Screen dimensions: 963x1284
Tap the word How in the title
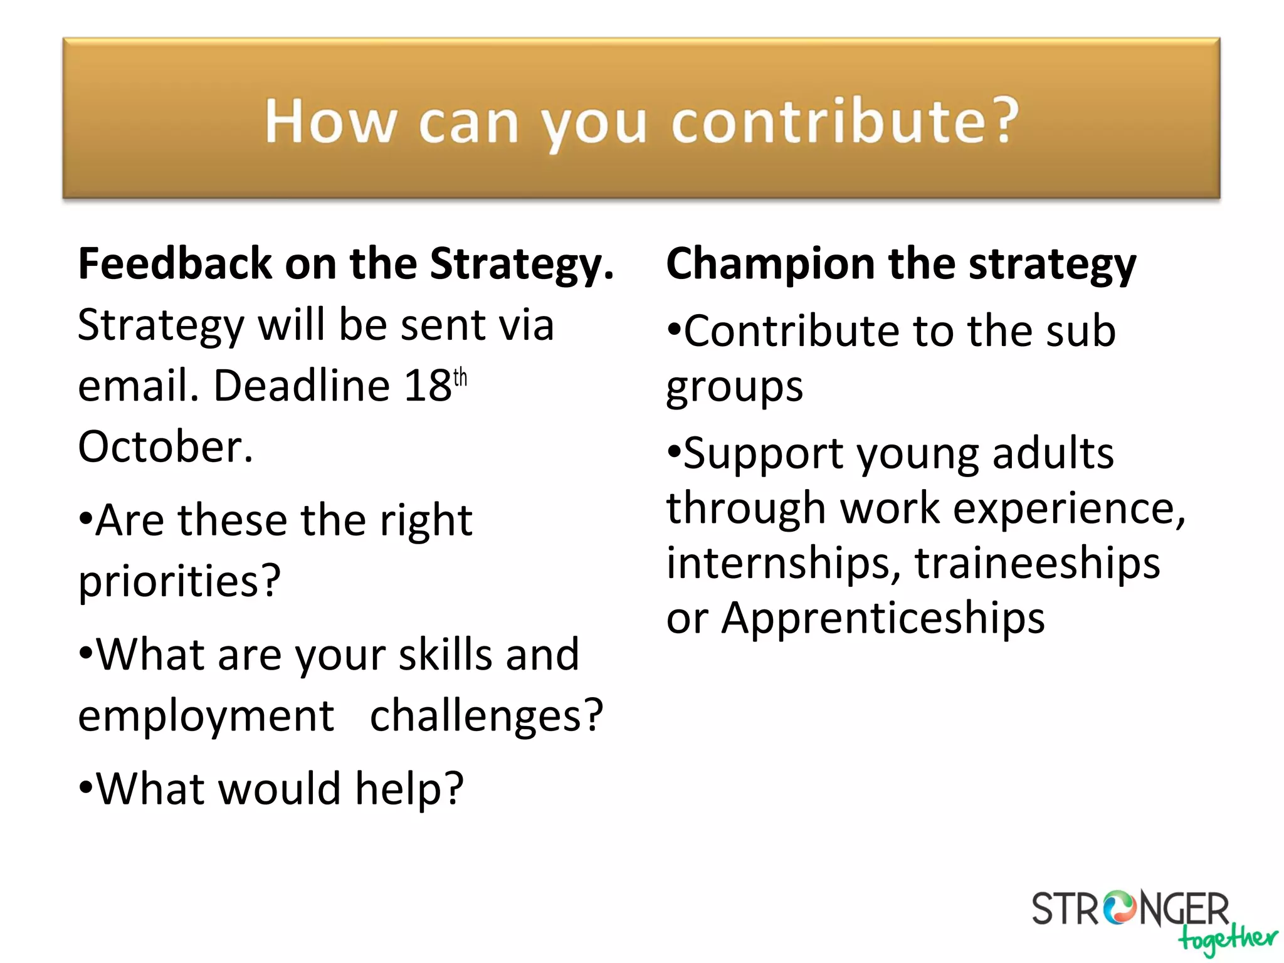(331, 121)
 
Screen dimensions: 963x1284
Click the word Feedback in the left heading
(175, 263)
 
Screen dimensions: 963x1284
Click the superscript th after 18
(460, 377)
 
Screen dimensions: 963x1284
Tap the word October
(166, 446)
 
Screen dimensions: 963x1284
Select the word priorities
(179, 581)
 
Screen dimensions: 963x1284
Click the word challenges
(486, 715)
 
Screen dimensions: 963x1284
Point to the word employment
(206, 715)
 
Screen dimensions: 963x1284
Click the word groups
(734, 387)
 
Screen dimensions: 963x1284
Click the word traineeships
(1037, 562)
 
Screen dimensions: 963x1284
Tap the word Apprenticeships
(883, 618)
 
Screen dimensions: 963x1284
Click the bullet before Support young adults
(674, 451)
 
